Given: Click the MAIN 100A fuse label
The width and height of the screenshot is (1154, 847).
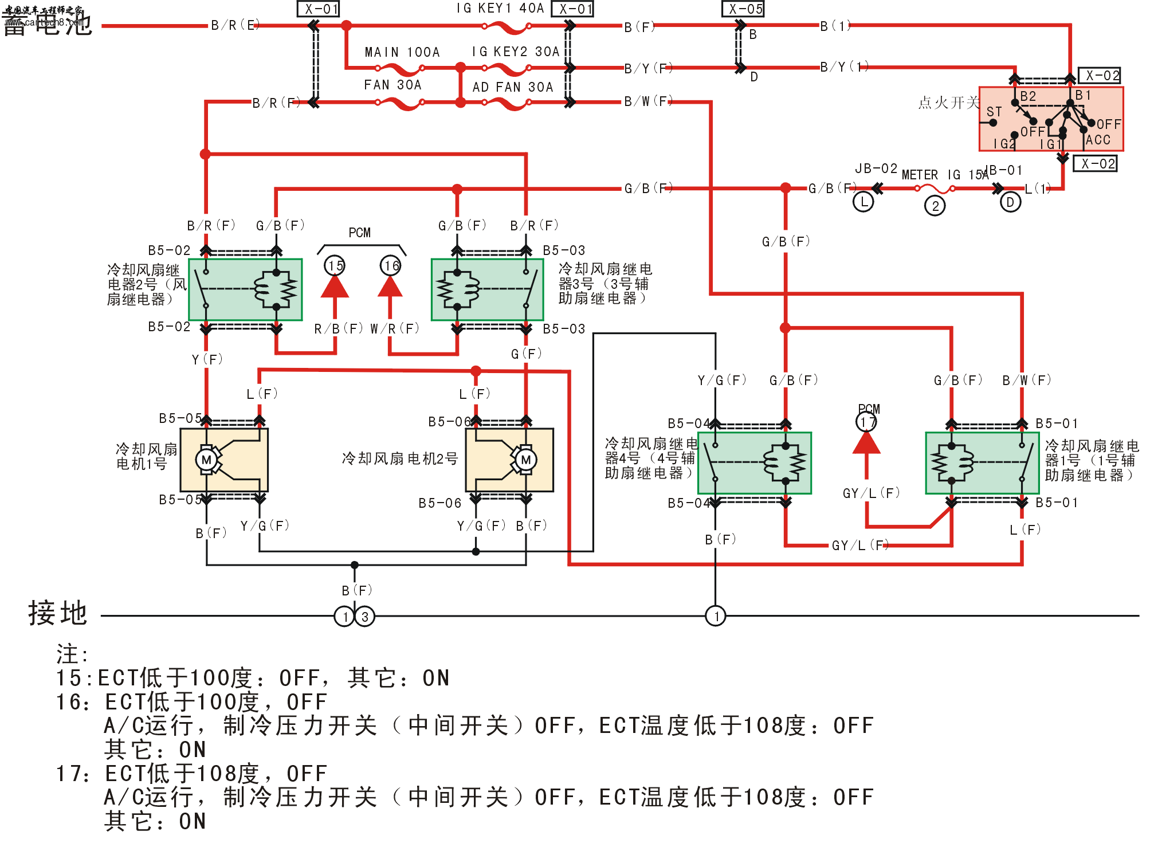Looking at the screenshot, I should [x=402, y=52].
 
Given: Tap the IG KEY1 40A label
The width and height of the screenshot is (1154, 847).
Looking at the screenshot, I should [x=500, y=8].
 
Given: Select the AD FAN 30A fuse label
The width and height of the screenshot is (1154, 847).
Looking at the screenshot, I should [x=513, y=87].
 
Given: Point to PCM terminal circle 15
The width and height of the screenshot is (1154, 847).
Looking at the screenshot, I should [x=335, y=266].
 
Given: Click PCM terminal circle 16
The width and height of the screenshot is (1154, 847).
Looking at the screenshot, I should [x=391, y=266].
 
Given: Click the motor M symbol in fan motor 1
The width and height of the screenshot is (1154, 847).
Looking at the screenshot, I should [x=206, y=460].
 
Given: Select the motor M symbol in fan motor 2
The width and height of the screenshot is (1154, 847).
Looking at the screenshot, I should [x=525, y=460].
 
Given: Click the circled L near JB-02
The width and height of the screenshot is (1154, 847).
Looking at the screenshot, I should [x=863, y=202].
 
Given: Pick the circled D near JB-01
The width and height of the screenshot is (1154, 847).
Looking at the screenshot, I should [x=1010, y=202].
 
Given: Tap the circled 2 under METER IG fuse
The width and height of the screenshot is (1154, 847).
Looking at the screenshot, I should [x=935, y=206].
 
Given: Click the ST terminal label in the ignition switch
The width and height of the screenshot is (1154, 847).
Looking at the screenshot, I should [x=994, y=112].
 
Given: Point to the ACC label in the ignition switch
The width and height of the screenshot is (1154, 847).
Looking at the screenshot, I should [x=1098, y=140].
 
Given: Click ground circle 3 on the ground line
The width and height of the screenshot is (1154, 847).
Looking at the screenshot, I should [x=365, y=617].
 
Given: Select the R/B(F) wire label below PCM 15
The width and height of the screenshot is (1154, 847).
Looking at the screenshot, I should [x=338, y=329].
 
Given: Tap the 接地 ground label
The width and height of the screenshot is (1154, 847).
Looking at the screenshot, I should [x=57, y=613].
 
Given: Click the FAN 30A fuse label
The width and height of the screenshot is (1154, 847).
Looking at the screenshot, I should [x=392, y=85].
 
